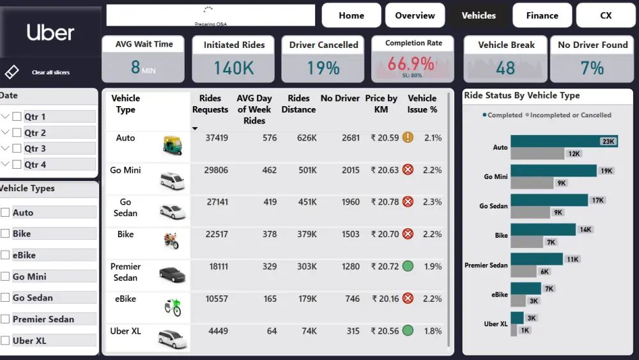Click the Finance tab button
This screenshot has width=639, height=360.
coord(542,15)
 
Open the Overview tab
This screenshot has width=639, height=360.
coord(415,15)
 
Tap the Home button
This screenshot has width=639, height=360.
coord(351,15)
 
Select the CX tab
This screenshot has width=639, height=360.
coord(606,15)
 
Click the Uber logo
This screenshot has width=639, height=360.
coord(50,33)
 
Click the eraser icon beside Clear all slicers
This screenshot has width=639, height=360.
coord(12,72)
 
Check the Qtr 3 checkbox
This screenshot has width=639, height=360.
coord(17,148)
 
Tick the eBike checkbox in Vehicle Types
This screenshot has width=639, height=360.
coord(5,255)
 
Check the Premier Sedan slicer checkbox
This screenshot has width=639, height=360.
coord(5,319)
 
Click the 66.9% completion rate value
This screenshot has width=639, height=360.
coord(410,64)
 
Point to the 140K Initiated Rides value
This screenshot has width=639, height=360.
coord(233,67)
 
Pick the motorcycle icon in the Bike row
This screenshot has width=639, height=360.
coord(171,241)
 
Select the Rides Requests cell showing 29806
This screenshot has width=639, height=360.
coord(215,170)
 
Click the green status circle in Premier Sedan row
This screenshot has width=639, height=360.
coord(408,266)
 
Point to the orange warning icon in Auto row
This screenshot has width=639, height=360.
coord(408,137)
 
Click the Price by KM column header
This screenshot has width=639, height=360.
coord(381,104)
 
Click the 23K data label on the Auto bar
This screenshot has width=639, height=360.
coord(607,141)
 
